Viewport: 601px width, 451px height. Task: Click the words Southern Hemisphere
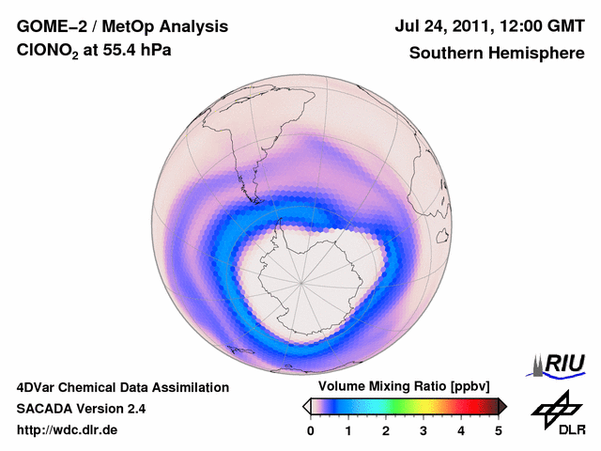pyautogui.click(x=496, y=54)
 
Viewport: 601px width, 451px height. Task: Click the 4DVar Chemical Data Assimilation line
pyautogui.click(x=123, y=387)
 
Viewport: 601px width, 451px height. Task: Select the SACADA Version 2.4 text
pyautogui.click(x=81, y=409)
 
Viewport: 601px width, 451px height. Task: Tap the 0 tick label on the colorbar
pyautogui.click(x=311, y=430)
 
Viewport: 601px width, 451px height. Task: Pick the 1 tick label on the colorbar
pyautogui.click(x=348, y=430)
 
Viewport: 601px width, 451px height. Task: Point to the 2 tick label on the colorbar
pyautogui.click(x=386, y=430)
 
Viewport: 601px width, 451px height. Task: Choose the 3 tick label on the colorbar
pyautogui.click(x=424, y=430)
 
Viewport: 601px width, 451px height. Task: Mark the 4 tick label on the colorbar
pyautogui.click(x=461, y=430)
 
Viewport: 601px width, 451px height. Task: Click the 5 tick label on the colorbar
pyautogui.click(x=499, y=430)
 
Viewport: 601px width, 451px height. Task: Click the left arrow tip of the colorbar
pyautogui.click(x=306, y=406)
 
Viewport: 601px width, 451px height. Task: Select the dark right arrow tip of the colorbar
pyautogui.click(x=503, y=406)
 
